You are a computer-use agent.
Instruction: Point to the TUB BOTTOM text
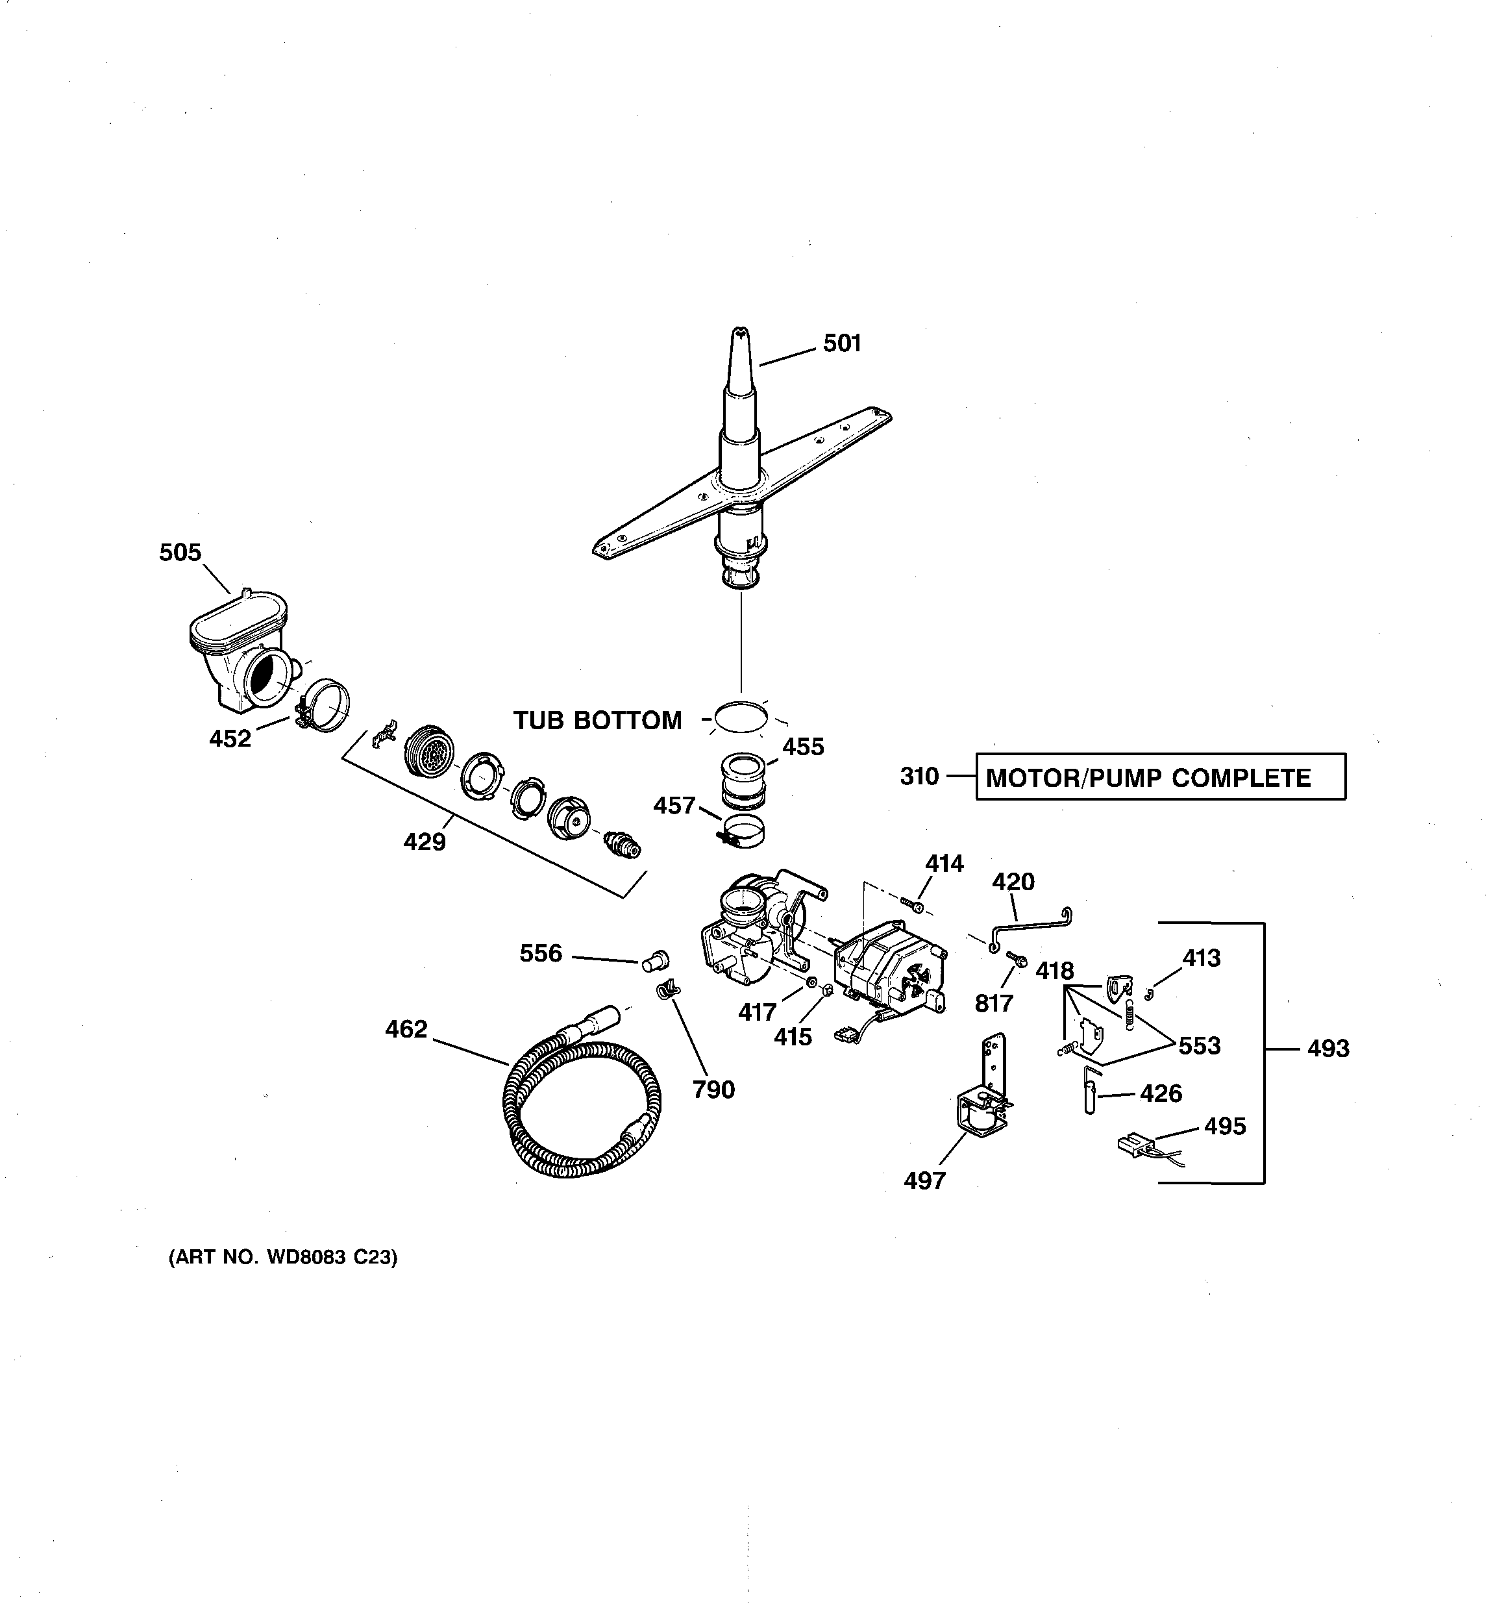[597, 720]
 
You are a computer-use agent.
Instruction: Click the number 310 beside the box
[919, 777]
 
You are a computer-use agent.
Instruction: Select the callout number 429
[425, 842]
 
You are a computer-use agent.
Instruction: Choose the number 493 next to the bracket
[1328, 1049]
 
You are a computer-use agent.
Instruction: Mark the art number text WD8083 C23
[283, 1258]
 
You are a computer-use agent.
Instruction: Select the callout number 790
[713, 1090]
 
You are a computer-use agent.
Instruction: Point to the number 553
[1199, 1046]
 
